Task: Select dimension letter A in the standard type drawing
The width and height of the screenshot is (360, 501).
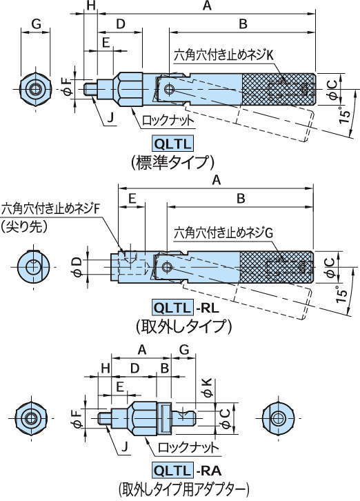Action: pyautogui.click(x=206, y=6)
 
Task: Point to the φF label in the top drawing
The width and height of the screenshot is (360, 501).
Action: pyautogui.click(x=66, y=87)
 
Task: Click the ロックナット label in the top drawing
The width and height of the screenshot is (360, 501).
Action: pyautogui.click(x=169, y=120)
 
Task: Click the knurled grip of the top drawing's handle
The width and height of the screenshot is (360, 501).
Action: pyautogui.click(x=279, y=89)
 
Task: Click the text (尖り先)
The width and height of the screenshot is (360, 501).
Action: pyautogui.click(x=23, y=225)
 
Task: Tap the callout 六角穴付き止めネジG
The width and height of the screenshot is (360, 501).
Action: pyautogui.click(x=224, y=233)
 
